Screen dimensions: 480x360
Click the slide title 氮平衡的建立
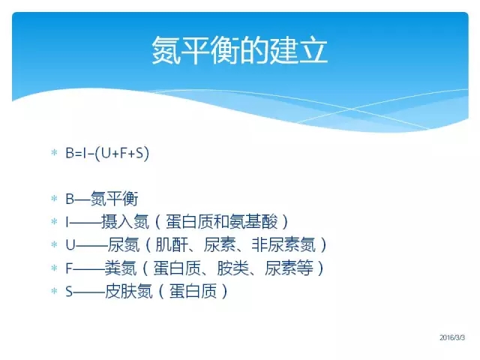pos(240,50)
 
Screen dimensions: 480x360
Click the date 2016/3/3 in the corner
pos(452,337)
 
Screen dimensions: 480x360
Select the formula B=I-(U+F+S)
pos(107,153)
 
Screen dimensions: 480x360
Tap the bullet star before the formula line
pos(54,152)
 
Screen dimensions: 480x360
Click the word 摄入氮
pos(125,222)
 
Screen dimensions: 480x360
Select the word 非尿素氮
pos(283,245)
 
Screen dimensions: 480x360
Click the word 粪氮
pos(120,268)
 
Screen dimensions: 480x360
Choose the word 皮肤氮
pos(128,291)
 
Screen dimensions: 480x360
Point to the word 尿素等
pos(289,268)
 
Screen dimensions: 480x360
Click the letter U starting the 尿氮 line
pos(70,245)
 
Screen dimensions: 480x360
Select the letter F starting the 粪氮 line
pos(69,268)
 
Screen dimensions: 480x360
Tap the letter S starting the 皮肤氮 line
pos(69,292)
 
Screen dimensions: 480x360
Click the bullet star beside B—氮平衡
pos(54,198)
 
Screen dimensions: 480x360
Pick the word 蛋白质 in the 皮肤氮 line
pos(193,291)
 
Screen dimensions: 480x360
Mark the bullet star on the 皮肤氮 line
pos(54,290)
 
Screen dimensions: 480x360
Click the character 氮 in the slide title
pos(166,50)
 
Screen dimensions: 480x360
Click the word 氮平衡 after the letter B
pos(115,199)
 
